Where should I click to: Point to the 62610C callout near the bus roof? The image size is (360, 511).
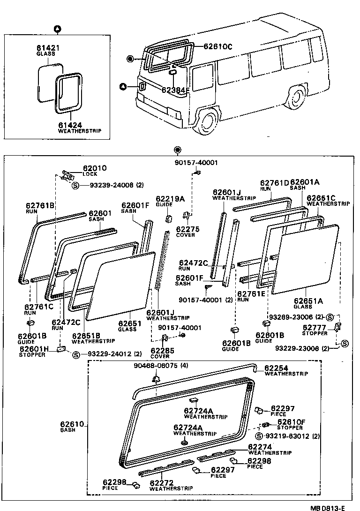click(218, 46)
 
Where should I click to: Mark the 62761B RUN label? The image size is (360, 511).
click(40, 208)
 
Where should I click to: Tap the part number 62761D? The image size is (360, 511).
click(275, 183)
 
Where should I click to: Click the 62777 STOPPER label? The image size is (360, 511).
click(315, 330)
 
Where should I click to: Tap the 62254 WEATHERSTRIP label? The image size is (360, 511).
click(286, 370)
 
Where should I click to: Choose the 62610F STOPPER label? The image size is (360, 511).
click(291, 424)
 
